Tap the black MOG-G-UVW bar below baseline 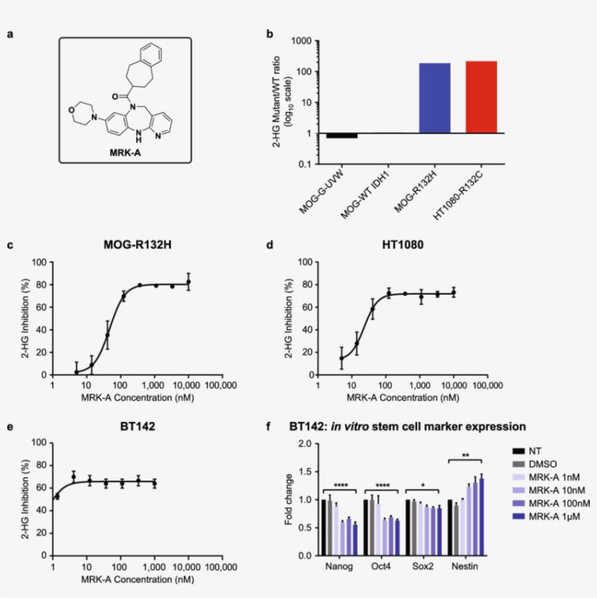pyautogui.click(x=341, y=136)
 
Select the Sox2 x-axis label pyautogui.click(x=423, y=566)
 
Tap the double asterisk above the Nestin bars pyautogui.click(x=464, y=456)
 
